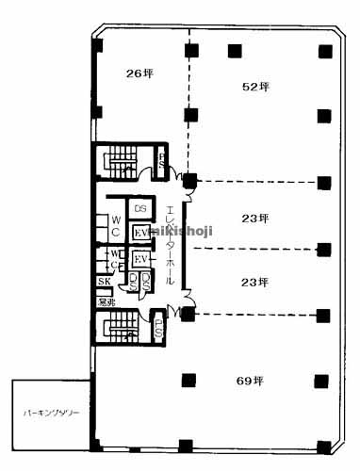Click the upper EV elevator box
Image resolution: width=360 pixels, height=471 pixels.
(x=141, y=233)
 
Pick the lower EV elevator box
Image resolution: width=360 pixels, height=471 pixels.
(x=141, y=259)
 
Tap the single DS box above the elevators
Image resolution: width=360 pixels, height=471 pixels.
(x=140, y=207)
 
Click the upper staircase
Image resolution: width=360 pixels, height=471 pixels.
(x=120, y=160)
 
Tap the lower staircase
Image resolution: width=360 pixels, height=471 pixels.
(x=120, y=330)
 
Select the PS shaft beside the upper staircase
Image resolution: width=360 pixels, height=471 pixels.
(x=161, y=161)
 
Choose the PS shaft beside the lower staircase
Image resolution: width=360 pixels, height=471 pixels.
(x=159, y=329)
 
